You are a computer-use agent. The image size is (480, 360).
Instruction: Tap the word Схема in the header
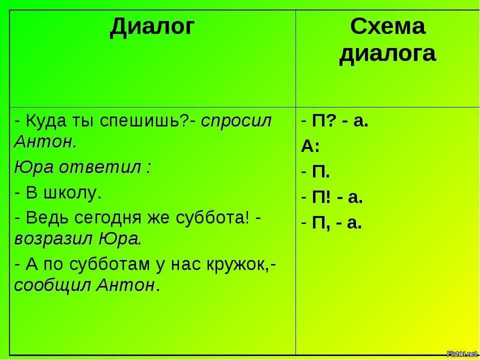pyautogui.click(x=388, y=26)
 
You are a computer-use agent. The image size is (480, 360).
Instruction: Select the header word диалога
pyautogui.click(x=387, y=55)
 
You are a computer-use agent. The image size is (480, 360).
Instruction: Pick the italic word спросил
pyautogui.click(x=236, y=122)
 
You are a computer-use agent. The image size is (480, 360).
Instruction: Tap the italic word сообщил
pyautogui.click(x=52, y=286)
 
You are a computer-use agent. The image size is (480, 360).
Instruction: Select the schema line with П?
pyautogui.click(x=334, y=122)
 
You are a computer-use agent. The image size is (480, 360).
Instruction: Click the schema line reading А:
pyautogui.click(x=310, y=147)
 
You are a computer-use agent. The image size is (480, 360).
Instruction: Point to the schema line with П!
pyautogui.click(x=332, y=198)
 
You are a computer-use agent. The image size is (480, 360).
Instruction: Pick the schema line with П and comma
pyautogui.click(x=331, y=224)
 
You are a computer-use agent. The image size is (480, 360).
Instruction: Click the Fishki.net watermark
pyautogui.click(x=463, y=354)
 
